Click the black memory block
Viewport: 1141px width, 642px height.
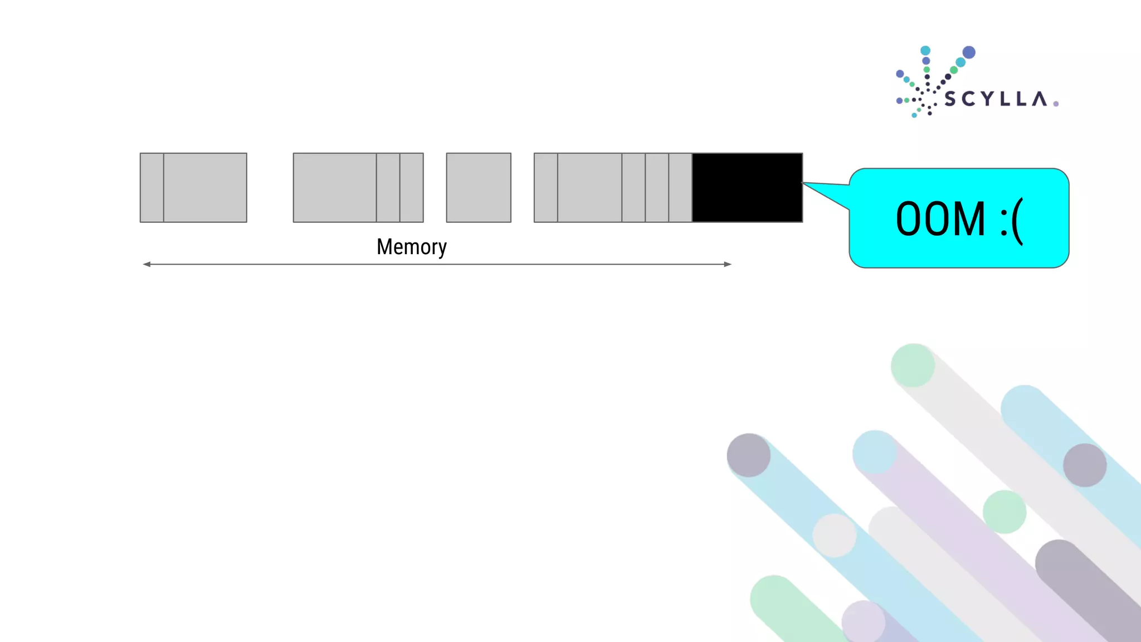coord(747,188)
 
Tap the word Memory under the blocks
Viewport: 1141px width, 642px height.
coord(411,247)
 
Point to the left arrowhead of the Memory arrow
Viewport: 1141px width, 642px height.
coord(147,264)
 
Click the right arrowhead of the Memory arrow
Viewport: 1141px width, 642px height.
coord(728,264)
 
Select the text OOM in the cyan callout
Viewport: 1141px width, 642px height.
coord(940,219)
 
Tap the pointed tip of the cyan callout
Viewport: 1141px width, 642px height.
coord(804,183)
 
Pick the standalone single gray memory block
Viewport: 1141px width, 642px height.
coord(479,188)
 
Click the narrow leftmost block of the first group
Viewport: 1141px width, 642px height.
coord(152,188)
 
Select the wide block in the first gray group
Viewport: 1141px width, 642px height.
coord(205,188)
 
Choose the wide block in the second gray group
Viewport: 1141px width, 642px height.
coord(335,188)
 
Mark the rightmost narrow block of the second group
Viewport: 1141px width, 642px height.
coord(412,188)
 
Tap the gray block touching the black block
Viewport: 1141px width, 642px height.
coord(680,188)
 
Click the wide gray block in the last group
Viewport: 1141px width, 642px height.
coord(589,188)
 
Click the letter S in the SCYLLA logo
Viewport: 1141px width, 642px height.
coord(950,100)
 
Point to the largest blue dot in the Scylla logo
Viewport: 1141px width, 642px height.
coord(969,52)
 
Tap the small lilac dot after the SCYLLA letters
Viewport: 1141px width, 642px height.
coord(1056,104)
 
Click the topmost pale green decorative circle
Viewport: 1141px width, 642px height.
coord(913,366)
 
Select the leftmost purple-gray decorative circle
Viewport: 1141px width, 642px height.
coord(749,455)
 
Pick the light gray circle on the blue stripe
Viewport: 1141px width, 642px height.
coord(834,536)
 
